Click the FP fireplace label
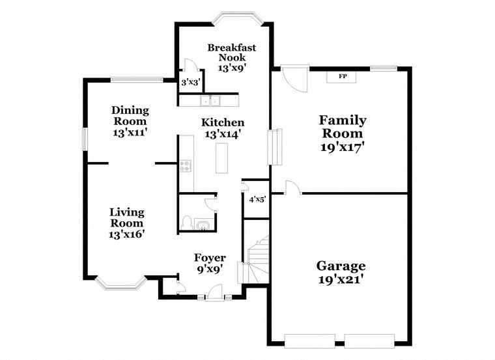click(x=342, y=76)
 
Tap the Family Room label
click(x=342, y=127)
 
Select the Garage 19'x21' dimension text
click(x=341, y=281)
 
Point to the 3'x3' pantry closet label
click(x=190, y=83)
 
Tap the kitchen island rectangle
click(x=223, y=158)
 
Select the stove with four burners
click(x=186, y=166)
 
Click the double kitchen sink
click(x=210, y=101)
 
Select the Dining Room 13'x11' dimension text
click(x=130, y=132)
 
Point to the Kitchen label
click(x=223, y=122)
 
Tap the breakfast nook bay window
click(x=238, y=18)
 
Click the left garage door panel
click(x=309, y=340)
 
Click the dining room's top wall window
click(x=136, y=80)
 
